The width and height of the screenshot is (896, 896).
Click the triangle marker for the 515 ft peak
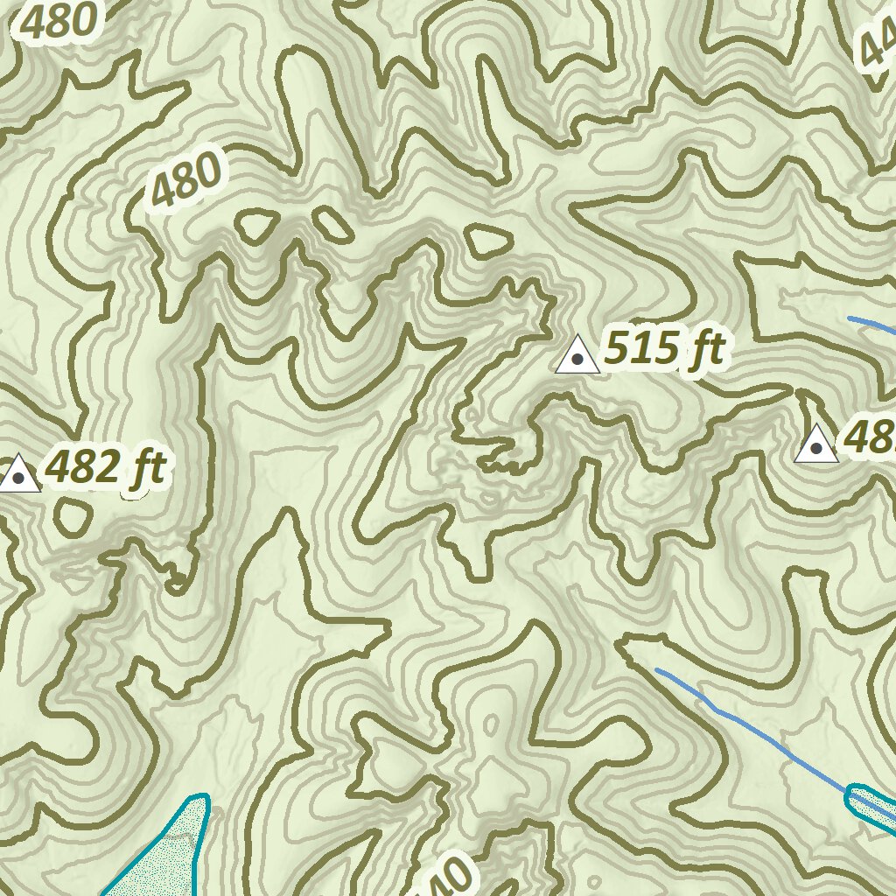pyautogui.click(x=577, y=355)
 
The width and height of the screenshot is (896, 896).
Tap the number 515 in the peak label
pyautogui.click(x=642, y=348)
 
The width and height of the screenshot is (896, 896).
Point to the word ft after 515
pyautogui.click(x=705, y=350)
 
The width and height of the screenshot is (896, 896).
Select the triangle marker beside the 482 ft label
pyautogui.click(x=18, y=473)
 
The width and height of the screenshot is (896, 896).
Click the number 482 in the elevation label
pyautogui.click(x=81, y=468)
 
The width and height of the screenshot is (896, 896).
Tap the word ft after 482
pyautogui.click(x=144, y=470)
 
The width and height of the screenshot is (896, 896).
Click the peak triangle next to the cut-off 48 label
pyautogui.click(x=816, y=444)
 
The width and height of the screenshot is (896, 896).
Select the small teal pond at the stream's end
pyautogui.click(x=871, y=804)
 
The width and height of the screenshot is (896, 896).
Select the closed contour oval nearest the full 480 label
pyautogui.click(x=254, y=227)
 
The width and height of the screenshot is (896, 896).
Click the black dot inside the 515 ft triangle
pyautogui.click(x=577, y=359)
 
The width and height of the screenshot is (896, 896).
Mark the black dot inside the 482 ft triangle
pyautogui.click(x=18, y=477)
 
